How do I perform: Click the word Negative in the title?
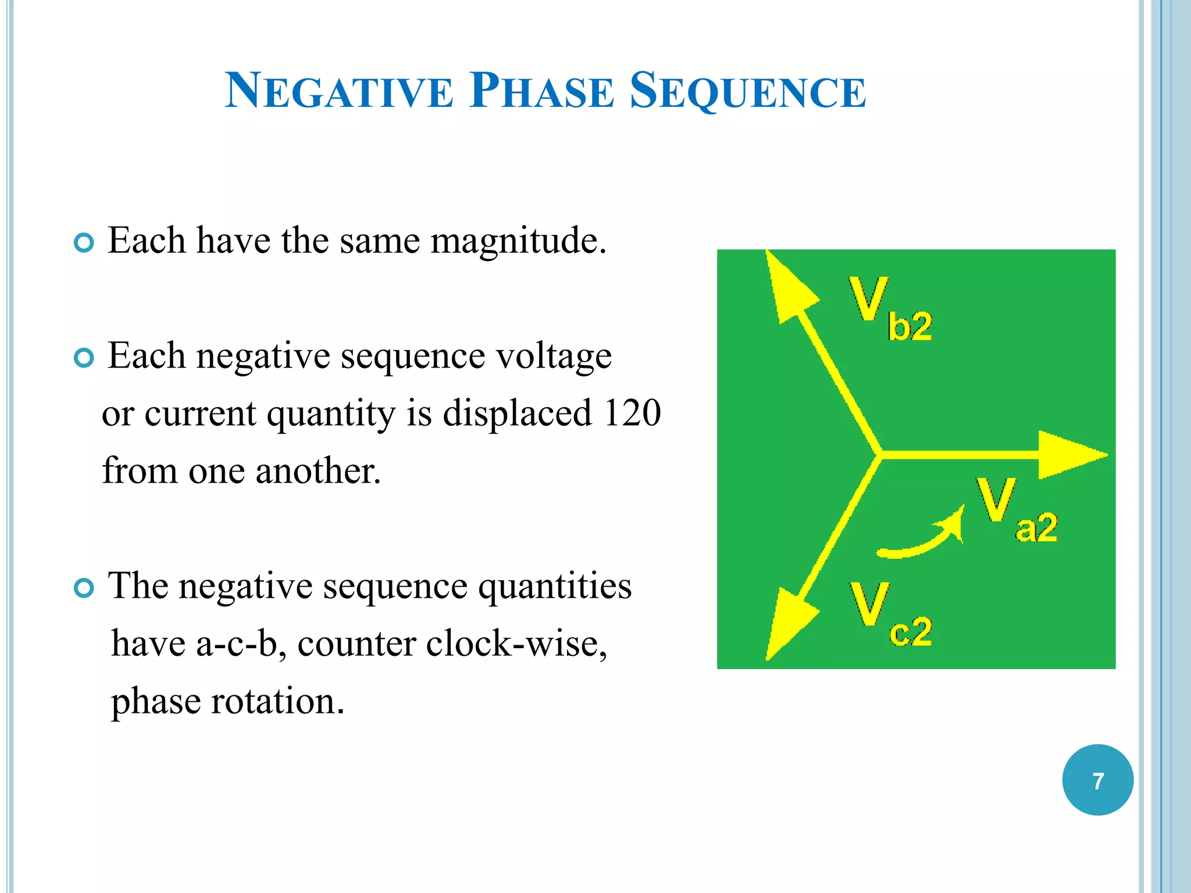coord(338,91)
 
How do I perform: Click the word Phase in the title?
coord(541,91)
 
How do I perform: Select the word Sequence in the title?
coord(748,92)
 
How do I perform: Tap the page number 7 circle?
coord(1097,780)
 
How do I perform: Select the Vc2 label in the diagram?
coord(890,615)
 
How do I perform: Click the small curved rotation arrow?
coord(922,537)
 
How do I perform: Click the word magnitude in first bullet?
coord(518,241)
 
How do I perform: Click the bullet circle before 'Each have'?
coord(84,242)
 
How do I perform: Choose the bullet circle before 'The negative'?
coord(84,588)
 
